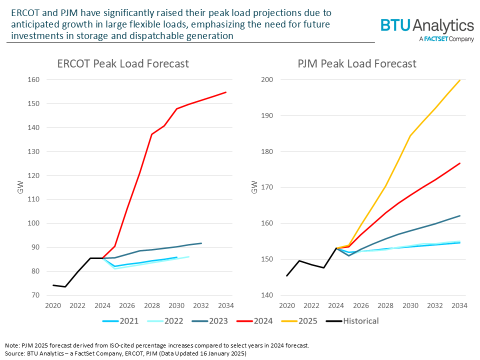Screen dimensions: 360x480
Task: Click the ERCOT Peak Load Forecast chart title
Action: click(123, 64)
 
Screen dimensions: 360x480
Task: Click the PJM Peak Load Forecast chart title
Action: click(357, 64)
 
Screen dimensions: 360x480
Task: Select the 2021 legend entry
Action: click(124, 320)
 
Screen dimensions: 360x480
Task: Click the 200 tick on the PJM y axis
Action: click(273, 80)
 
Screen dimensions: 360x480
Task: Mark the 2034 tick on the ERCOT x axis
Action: click(226, 305)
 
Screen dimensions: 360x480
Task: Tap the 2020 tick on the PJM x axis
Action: click(287, 305)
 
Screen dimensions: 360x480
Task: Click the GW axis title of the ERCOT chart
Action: click(20, 187)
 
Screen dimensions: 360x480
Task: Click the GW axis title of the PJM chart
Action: click(254, 187)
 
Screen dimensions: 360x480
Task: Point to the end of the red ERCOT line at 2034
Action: click(226, 92)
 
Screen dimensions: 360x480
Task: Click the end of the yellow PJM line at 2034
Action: click(460, 80)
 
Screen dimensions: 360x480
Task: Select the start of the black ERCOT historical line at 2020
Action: click(53, 285)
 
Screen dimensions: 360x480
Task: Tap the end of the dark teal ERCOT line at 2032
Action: click(201, 243)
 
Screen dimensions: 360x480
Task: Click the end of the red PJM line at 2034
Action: click(460, 163)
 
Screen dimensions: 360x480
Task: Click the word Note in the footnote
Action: click(12, 345)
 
